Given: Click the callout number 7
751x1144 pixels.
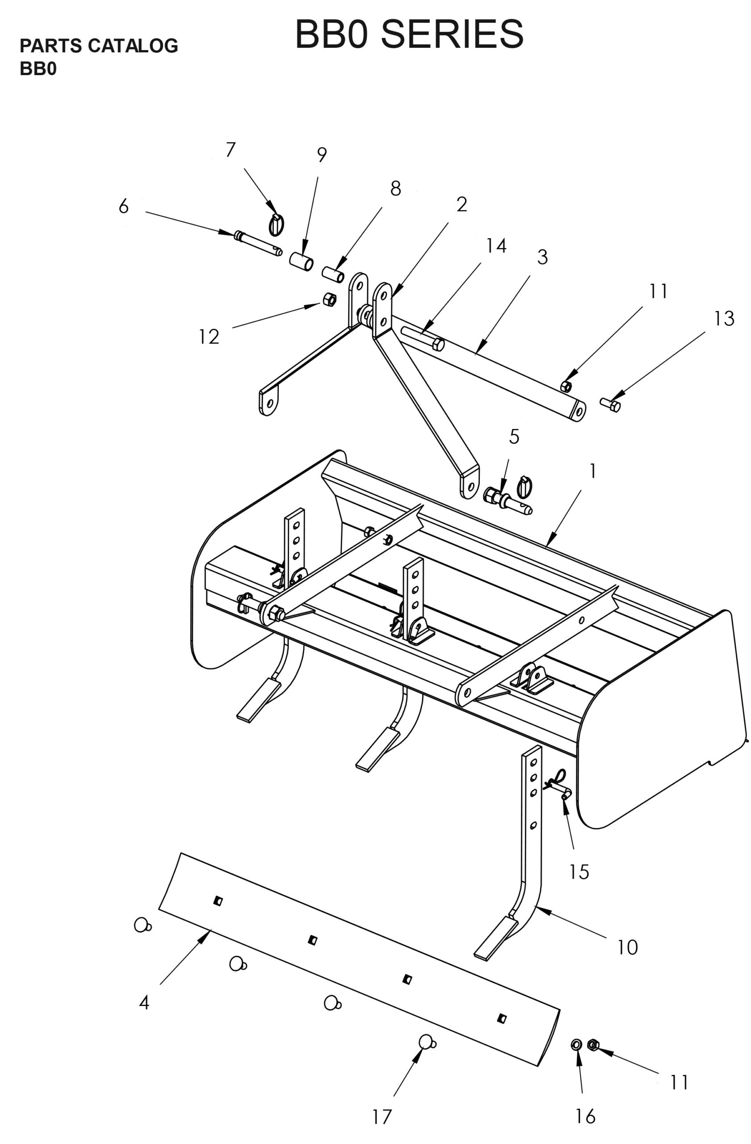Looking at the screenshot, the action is pyautogui.click(x=231, y=150).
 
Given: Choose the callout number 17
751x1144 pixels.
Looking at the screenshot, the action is pyautogui.click(x=382, y=1117).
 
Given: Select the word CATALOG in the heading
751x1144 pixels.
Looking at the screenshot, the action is pyautogui.click(x=133, y=46).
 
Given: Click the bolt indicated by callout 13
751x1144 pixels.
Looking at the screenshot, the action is pyautogui.click(x=610, y=405).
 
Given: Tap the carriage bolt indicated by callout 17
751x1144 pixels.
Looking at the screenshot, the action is pyautogui.click(x=427, y=1042).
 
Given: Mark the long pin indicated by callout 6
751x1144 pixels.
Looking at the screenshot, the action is pyautogui.click(x=257, y=244).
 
